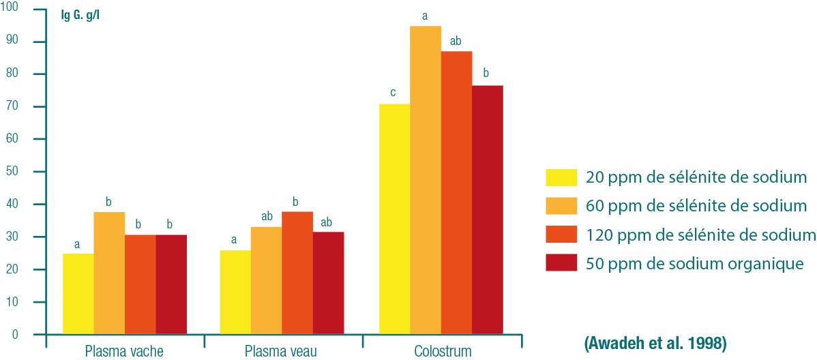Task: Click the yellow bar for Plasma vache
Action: (78, 294)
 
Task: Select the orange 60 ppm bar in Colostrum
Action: (426, 180)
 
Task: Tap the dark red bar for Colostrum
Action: (488, 210)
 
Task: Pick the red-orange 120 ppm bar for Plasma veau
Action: (297, 273)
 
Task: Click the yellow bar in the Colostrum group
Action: (394, 219)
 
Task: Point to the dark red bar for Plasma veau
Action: (329, 283)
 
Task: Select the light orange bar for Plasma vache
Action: (109, 273)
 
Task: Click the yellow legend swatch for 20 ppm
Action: (561, 178)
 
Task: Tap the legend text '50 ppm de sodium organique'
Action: (695, 263)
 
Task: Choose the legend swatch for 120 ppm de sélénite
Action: (561, 235)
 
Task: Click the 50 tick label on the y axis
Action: (15, 172)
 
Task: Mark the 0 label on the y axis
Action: (15, 335)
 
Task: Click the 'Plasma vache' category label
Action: (124, 352)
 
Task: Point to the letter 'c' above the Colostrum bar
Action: (393, 91)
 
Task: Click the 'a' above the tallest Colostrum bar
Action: (425, 14)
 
